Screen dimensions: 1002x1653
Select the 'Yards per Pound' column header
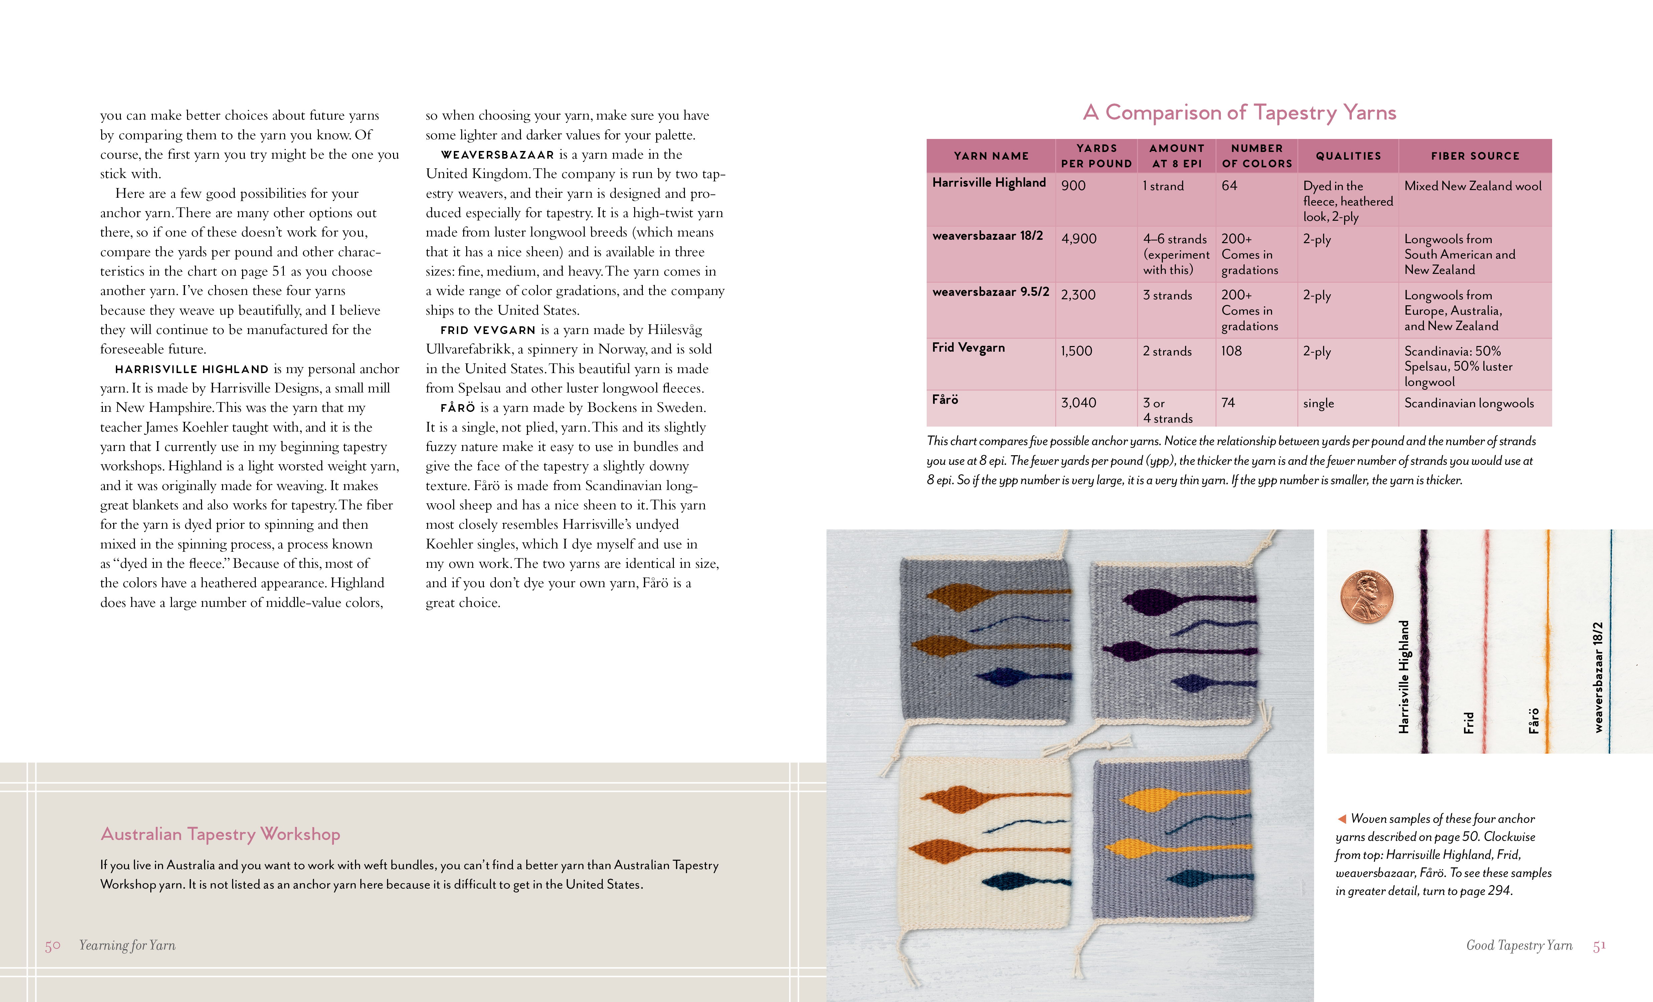tap(1096, 156)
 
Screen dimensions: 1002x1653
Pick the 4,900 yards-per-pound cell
tap(1079, 239)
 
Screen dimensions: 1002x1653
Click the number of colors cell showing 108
tap(1231, 351)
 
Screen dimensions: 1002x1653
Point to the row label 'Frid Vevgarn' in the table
tap(968, 348)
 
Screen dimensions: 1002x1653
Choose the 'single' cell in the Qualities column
tap(1318, 403)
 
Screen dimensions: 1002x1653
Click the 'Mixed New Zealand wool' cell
tap(1473, 186)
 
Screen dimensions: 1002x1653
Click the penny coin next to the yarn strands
tap(1366, 597)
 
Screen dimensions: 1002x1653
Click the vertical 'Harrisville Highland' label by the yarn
tap(1404, 676)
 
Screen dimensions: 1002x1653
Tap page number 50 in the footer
tap(52, 946)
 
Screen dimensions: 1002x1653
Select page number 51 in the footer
tap(1599, 946)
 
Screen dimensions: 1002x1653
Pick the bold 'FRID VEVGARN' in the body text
tap(488, 330)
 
